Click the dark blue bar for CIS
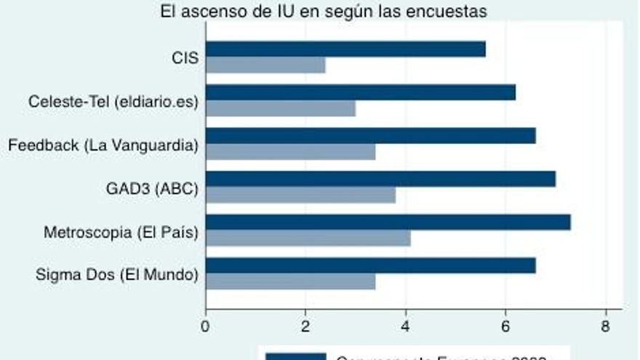point(345,49)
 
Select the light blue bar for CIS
point(265,65)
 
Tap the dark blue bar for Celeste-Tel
point(361,92)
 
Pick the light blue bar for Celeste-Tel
point(281,108)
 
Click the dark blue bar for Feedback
point(371,135)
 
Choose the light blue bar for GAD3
point(300,195)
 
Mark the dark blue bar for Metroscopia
point(388,222)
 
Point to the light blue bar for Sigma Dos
point(291,281)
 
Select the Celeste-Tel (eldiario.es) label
point(113,101)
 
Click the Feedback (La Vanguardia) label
point(103,145)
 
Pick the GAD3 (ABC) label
point(152,188)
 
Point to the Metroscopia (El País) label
point(121,232)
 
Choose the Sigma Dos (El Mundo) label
point(117,275)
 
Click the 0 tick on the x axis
point(206,327)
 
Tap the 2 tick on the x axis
point(305,327)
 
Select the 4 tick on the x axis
point(406,327)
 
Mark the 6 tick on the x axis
point(505,327)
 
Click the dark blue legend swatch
point(295,356)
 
